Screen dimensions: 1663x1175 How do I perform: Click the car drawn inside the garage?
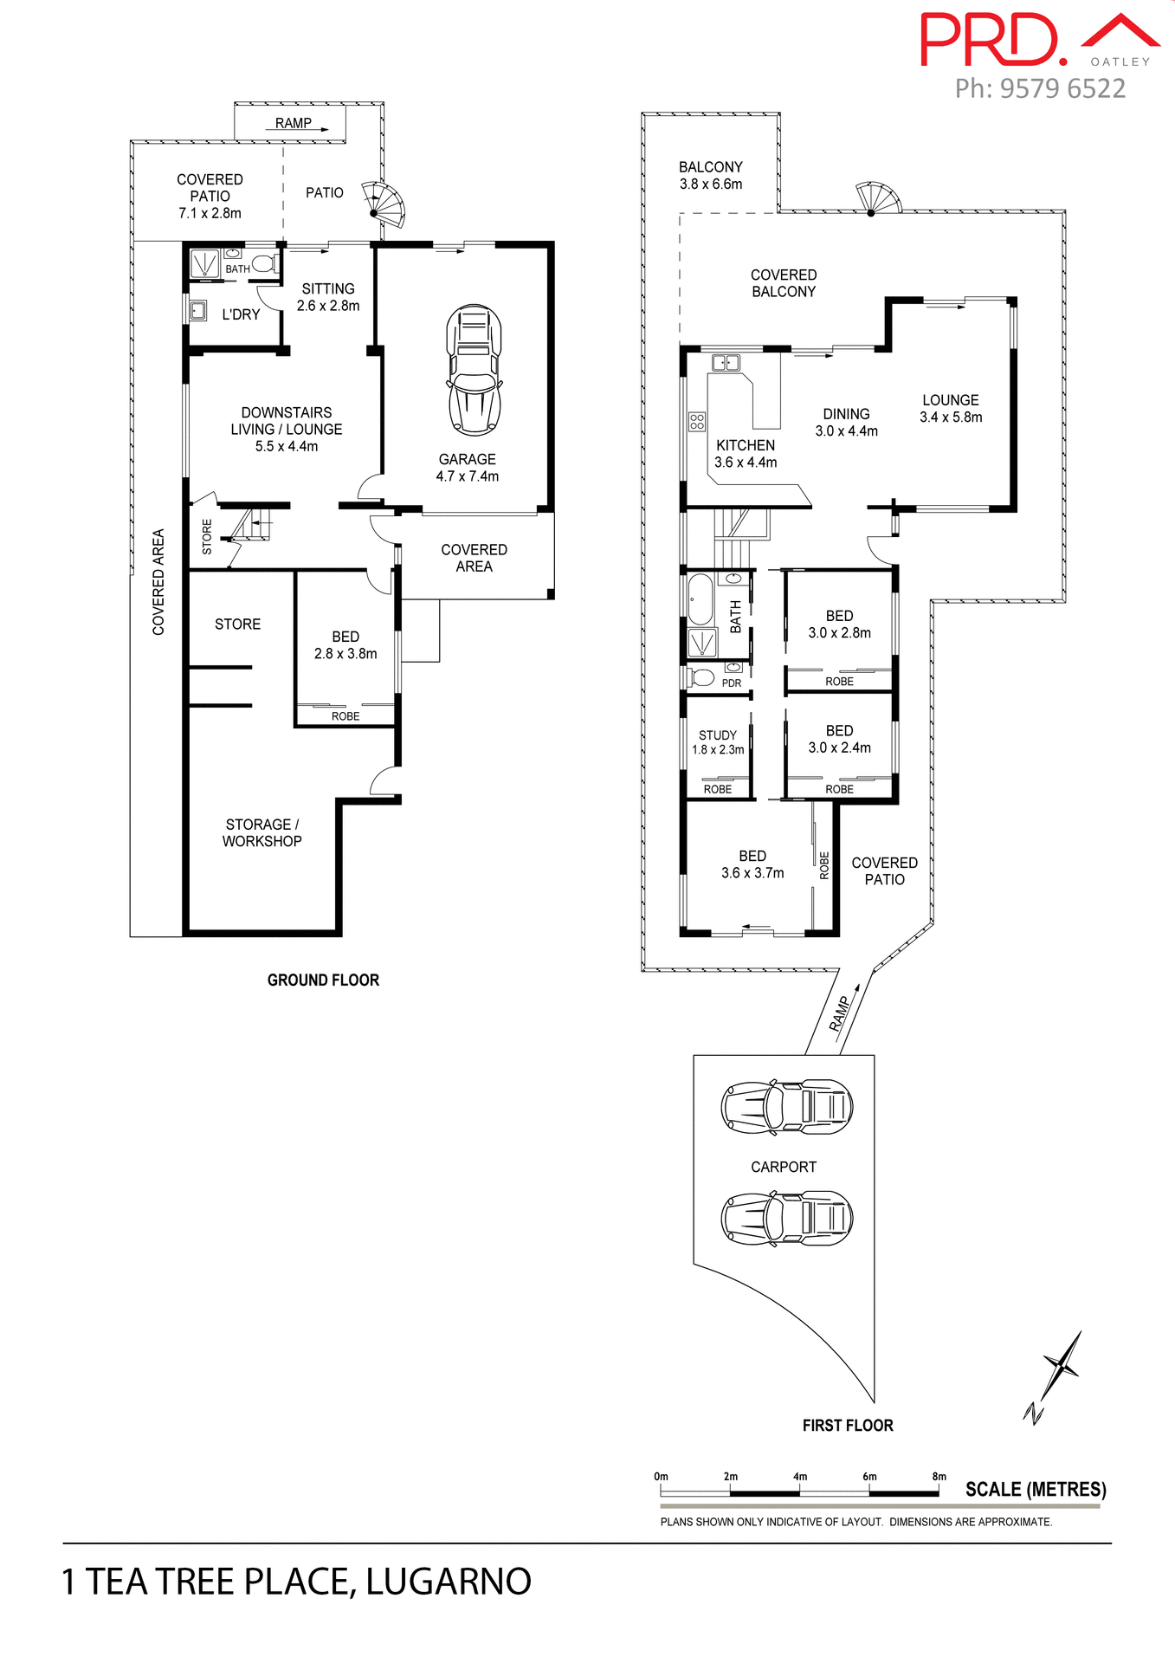(474, 370)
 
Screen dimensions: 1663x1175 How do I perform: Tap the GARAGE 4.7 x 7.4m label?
(468, 468)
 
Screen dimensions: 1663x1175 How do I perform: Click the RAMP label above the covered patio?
(294, 123)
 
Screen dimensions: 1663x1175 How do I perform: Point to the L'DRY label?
(241, 314)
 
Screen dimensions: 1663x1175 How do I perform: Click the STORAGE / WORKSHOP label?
(261, 832)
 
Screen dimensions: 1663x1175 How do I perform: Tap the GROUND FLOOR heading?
(323, 980)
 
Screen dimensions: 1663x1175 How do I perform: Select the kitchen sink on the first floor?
(726, 362)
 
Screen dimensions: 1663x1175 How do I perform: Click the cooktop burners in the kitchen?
(697, 422)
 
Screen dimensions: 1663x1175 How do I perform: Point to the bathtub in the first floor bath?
(700, 599)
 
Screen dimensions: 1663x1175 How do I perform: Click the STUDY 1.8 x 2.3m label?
(718, 742)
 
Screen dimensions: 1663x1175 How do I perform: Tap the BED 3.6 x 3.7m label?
(752, 864)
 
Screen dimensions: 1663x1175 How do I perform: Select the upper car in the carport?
(787, 1107)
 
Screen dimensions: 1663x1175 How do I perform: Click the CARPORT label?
(784, 1167)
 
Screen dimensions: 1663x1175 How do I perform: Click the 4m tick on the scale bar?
(799, 1477)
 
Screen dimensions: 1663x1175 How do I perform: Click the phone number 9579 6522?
(1062, 88)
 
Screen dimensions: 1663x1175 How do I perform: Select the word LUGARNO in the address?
(448, 1582)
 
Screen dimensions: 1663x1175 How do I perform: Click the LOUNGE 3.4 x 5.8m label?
(951, 408)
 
